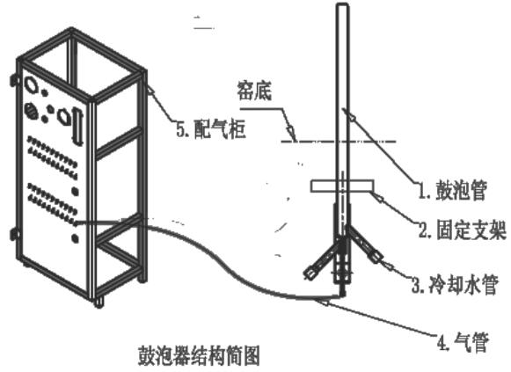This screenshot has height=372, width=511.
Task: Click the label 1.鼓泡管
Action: point(452,191)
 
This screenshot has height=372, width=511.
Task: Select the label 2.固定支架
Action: point(463,230)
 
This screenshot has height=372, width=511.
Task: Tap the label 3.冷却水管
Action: point(455,285)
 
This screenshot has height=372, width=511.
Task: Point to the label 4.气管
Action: point(463,342)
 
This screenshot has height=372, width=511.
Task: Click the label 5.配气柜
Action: point(211,128)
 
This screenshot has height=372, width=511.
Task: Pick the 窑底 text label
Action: point(254,91)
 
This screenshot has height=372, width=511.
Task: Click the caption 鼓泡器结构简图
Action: point(199,355)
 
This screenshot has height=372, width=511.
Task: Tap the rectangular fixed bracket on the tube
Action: point(341,186)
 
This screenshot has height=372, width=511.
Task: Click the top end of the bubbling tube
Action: point(343,4)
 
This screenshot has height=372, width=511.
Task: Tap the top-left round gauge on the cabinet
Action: point(32,84)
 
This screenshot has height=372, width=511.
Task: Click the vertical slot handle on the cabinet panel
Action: point(77,127)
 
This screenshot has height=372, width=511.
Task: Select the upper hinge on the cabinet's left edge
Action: point(14,79)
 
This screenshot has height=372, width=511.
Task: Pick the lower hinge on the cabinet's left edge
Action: point(14,234)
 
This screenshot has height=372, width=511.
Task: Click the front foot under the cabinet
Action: point(99,303)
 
